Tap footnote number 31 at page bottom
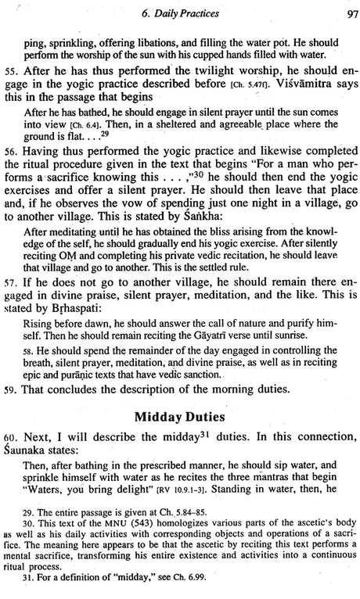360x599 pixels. [x=31, y=588]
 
